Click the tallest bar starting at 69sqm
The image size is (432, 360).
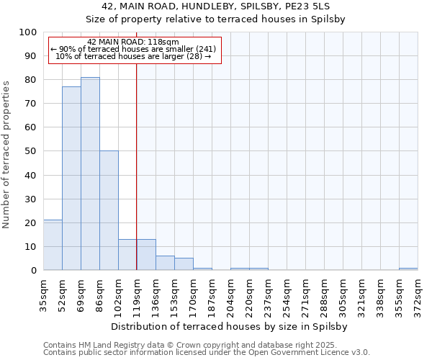click(90, 174)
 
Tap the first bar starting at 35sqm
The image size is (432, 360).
click(53, 245)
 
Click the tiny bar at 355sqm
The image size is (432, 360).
click(408, 269)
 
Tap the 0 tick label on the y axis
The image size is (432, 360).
click(33, 270)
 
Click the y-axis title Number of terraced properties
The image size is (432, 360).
click(7, 154)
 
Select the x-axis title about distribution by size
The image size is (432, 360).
click(230, 326)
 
